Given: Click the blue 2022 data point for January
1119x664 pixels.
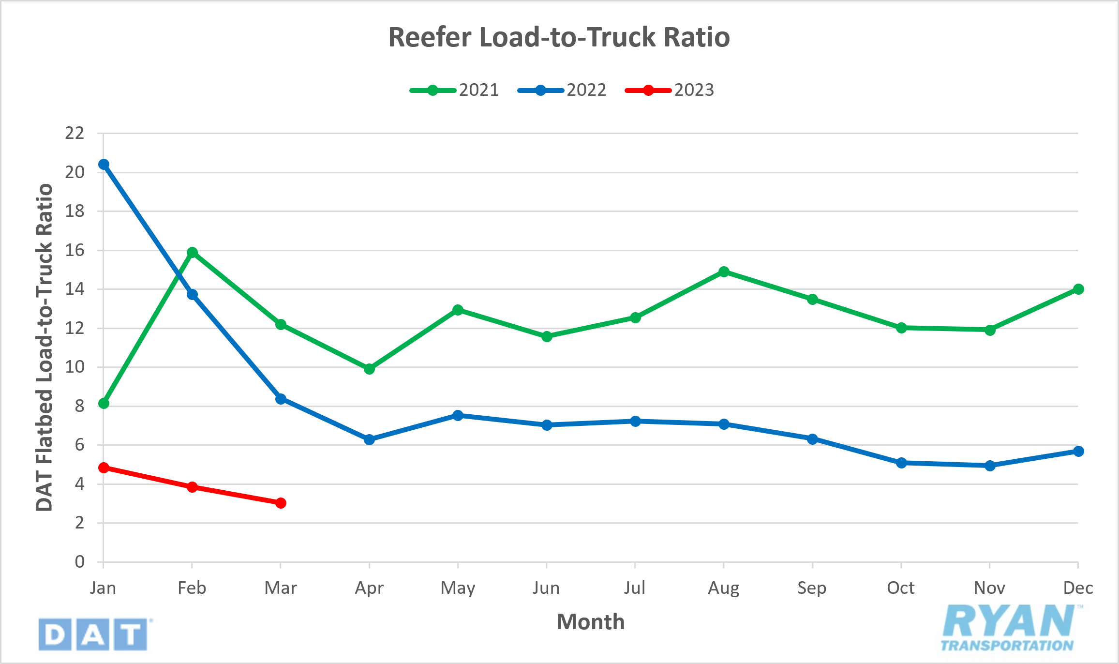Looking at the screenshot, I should (x=104, y=165).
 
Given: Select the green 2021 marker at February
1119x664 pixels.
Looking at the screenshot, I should (x=192, y=252).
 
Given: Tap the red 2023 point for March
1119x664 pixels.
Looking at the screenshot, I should (x=281, y=503).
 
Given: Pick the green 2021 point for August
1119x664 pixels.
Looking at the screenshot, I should (x=724, y=272).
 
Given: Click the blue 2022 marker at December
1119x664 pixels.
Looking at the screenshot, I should (x=1078, y=451).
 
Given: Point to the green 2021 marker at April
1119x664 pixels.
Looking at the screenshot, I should (x=369, y=369).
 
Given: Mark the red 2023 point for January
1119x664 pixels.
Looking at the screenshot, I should (x=104, y=468).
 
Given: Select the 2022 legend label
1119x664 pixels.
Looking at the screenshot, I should (x=586, y=90).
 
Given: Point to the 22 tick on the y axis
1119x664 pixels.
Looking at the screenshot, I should (x=75, y=133).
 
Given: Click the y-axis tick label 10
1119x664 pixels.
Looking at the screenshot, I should (x=75, y=367).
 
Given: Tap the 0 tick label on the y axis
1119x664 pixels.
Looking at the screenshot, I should (x=79, y=562).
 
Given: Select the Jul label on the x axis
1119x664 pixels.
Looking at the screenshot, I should (x=635, y=588).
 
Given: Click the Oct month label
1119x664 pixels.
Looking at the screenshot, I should (x=900, y=588).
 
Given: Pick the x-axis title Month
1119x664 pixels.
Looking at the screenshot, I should (x=591, y=622).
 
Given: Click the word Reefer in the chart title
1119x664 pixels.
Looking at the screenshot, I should (x=430, y=37).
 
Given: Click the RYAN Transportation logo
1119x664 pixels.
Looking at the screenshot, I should (x=1009, y=628).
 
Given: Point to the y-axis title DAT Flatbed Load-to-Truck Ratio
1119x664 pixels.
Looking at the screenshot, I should (x=44, y=347).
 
